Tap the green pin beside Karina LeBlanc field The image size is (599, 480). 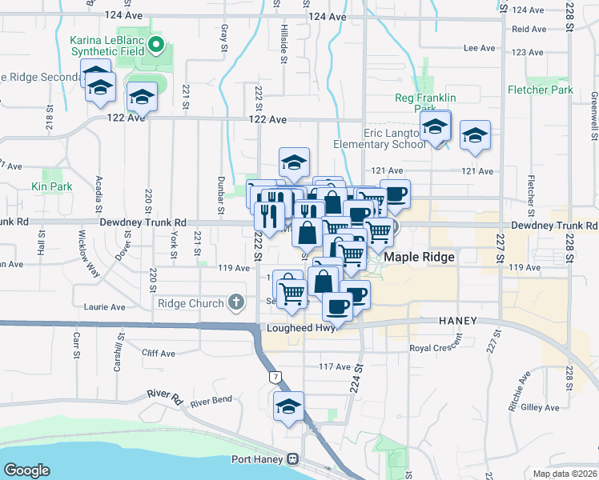click(157, 45)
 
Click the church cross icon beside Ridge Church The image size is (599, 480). click(235, 302)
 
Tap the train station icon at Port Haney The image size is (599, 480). click(293, 459)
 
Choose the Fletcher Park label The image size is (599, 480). click(540, 90)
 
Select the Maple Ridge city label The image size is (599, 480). click(420, 257)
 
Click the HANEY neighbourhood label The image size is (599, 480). click(458, 320)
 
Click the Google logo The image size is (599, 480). click(26, 470)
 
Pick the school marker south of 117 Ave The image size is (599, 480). click(288, 406)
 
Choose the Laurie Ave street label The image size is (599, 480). click(106, 307)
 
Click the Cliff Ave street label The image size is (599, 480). click(158, 354)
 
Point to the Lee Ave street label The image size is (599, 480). click(480, 48)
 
